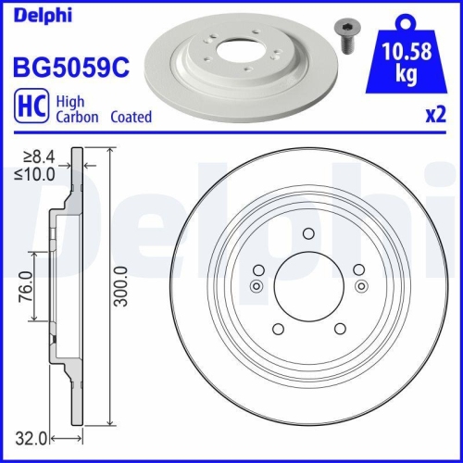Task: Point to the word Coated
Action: [131, 118]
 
